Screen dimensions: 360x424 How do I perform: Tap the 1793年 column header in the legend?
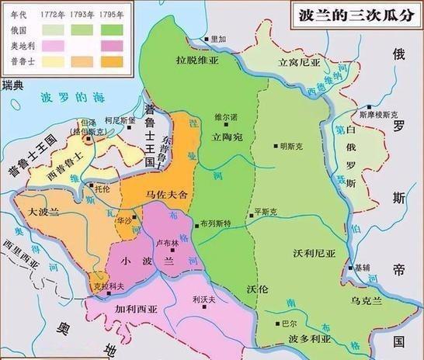click(82, 12)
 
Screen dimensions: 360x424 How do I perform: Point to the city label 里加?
click(217, 39)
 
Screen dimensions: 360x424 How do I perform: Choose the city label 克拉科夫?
click(106, 285)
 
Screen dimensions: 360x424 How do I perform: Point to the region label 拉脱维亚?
click(193, 58)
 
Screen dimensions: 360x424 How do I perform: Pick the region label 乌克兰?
click(369, 299)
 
